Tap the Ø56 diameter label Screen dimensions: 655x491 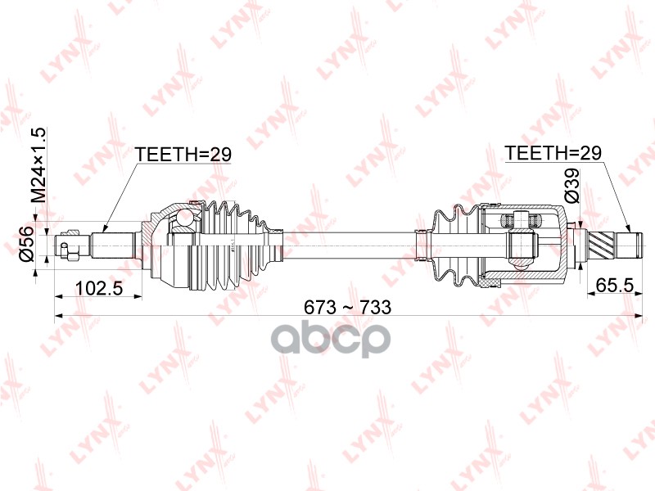pos(25,244)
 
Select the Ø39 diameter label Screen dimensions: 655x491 pos(571,186)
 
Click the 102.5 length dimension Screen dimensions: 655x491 pos(98,288)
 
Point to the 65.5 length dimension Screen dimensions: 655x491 pos(615,285)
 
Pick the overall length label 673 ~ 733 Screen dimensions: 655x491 pos(347,308)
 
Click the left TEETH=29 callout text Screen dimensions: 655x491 pos(183,155)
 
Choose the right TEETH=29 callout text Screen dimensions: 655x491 pos(553,153)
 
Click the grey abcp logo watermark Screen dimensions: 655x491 pos(332,337)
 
